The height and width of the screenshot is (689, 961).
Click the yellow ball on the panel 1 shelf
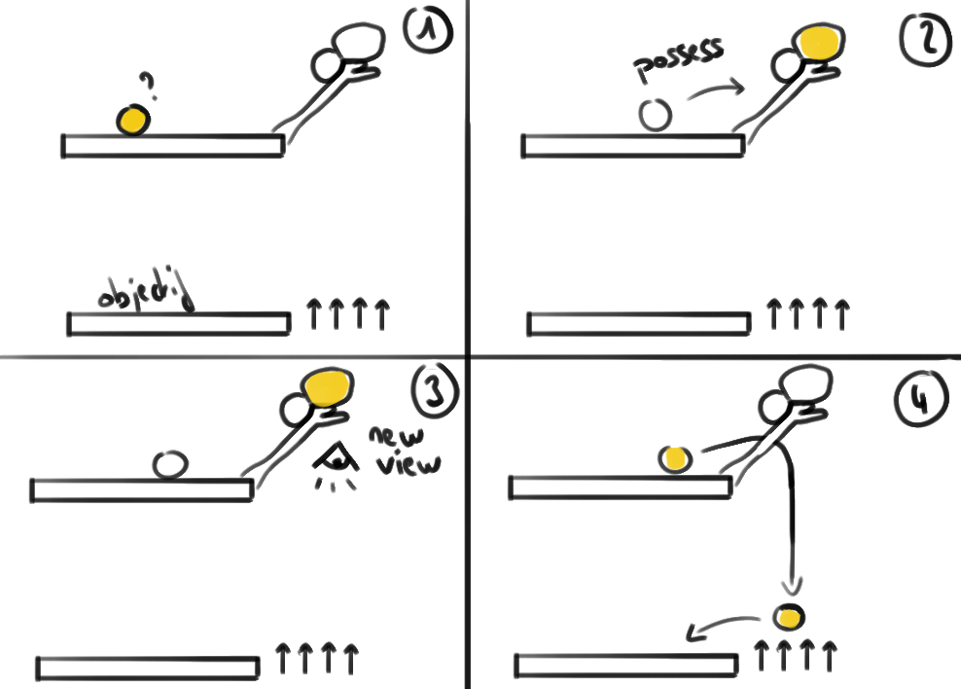133,121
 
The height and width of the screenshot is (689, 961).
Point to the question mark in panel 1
149,87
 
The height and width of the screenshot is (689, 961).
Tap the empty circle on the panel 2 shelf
656,115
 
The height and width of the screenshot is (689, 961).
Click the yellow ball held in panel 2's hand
820,44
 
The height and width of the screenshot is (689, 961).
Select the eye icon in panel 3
337,458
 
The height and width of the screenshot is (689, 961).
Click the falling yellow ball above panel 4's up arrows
790,617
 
